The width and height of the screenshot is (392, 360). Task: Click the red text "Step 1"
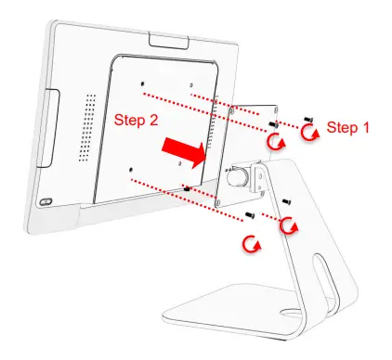[x=346, y=128]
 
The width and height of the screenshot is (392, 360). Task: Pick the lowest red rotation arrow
[x=250, y=244]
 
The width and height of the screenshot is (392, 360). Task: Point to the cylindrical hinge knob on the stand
[x=240, y=175]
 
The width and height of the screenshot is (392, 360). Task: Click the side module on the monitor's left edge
[x=53, y=111]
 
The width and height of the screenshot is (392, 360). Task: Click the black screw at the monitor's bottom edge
[x=188, y=188]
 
